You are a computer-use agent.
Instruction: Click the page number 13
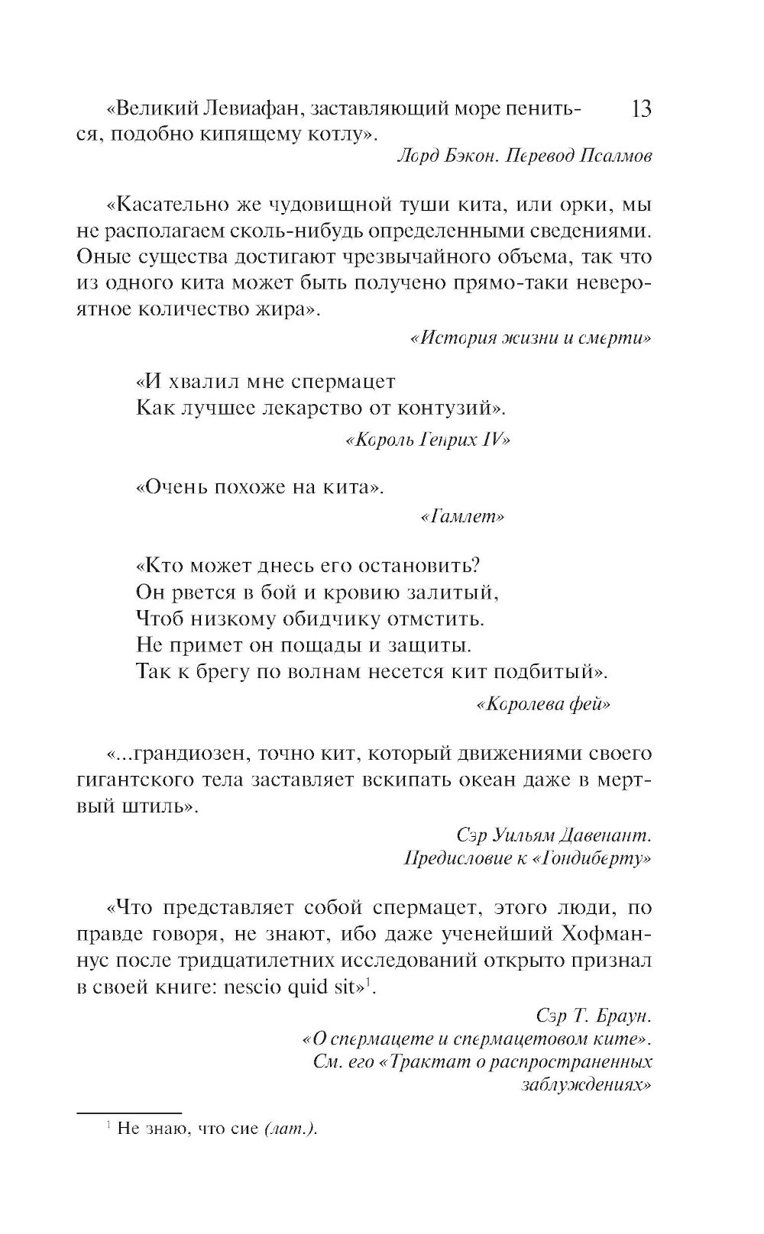point(641,109)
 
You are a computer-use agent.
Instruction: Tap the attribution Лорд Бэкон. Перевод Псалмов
point(525,156)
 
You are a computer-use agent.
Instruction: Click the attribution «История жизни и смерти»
point(531,338)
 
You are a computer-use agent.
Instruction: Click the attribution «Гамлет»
point(462,517)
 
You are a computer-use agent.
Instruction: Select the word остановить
point(412,566)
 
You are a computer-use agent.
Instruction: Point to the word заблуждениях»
point(586,1085)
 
